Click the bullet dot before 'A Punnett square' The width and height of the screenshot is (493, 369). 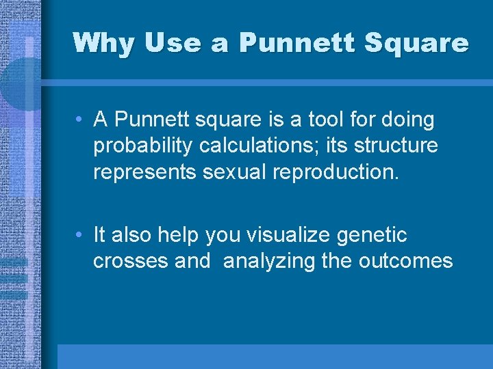(x=80, y=120)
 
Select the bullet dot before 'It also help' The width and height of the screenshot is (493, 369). (x=80, y=236)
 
